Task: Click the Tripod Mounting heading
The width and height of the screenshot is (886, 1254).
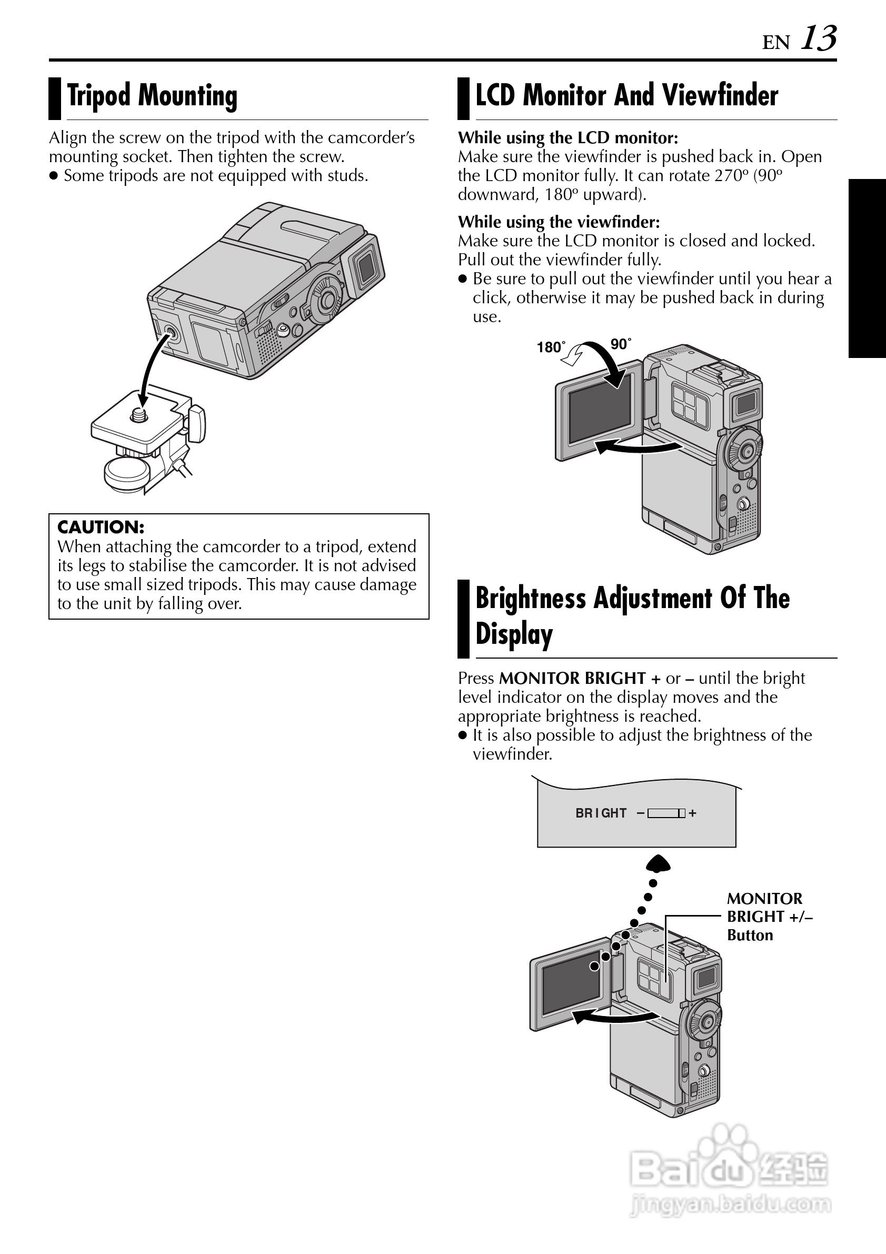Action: [x=152, y=96]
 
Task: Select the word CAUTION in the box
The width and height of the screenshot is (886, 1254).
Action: [x=101, y=527]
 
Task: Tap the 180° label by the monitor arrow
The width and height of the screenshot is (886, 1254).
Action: [x=551, y=347]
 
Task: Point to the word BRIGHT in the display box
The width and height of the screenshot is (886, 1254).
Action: [x=601, y=813]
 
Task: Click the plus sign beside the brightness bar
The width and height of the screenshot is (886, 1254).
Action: [x=693, y=813]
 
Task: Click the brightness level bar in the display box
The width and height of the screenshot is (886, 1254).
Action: [x=666, y=813]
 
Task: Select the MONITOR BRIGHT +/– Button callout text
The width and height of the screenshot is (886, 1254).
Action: [x=769, y=917]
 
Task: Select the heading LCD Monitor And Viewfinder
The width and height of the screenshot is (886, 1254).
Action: [x=626, y=96]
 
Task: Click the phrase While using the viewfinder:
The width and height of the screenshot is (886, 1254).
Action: [x=559, y=222]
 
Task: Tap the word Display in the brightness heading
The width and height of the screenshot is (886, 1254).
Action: [x=514, y=634]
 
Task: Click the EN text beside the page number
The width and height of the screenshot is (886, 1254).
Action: [x=775, y=43]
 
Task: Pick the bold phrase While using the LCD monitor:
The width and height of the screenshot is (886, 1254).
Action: [x=568, y=137]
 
